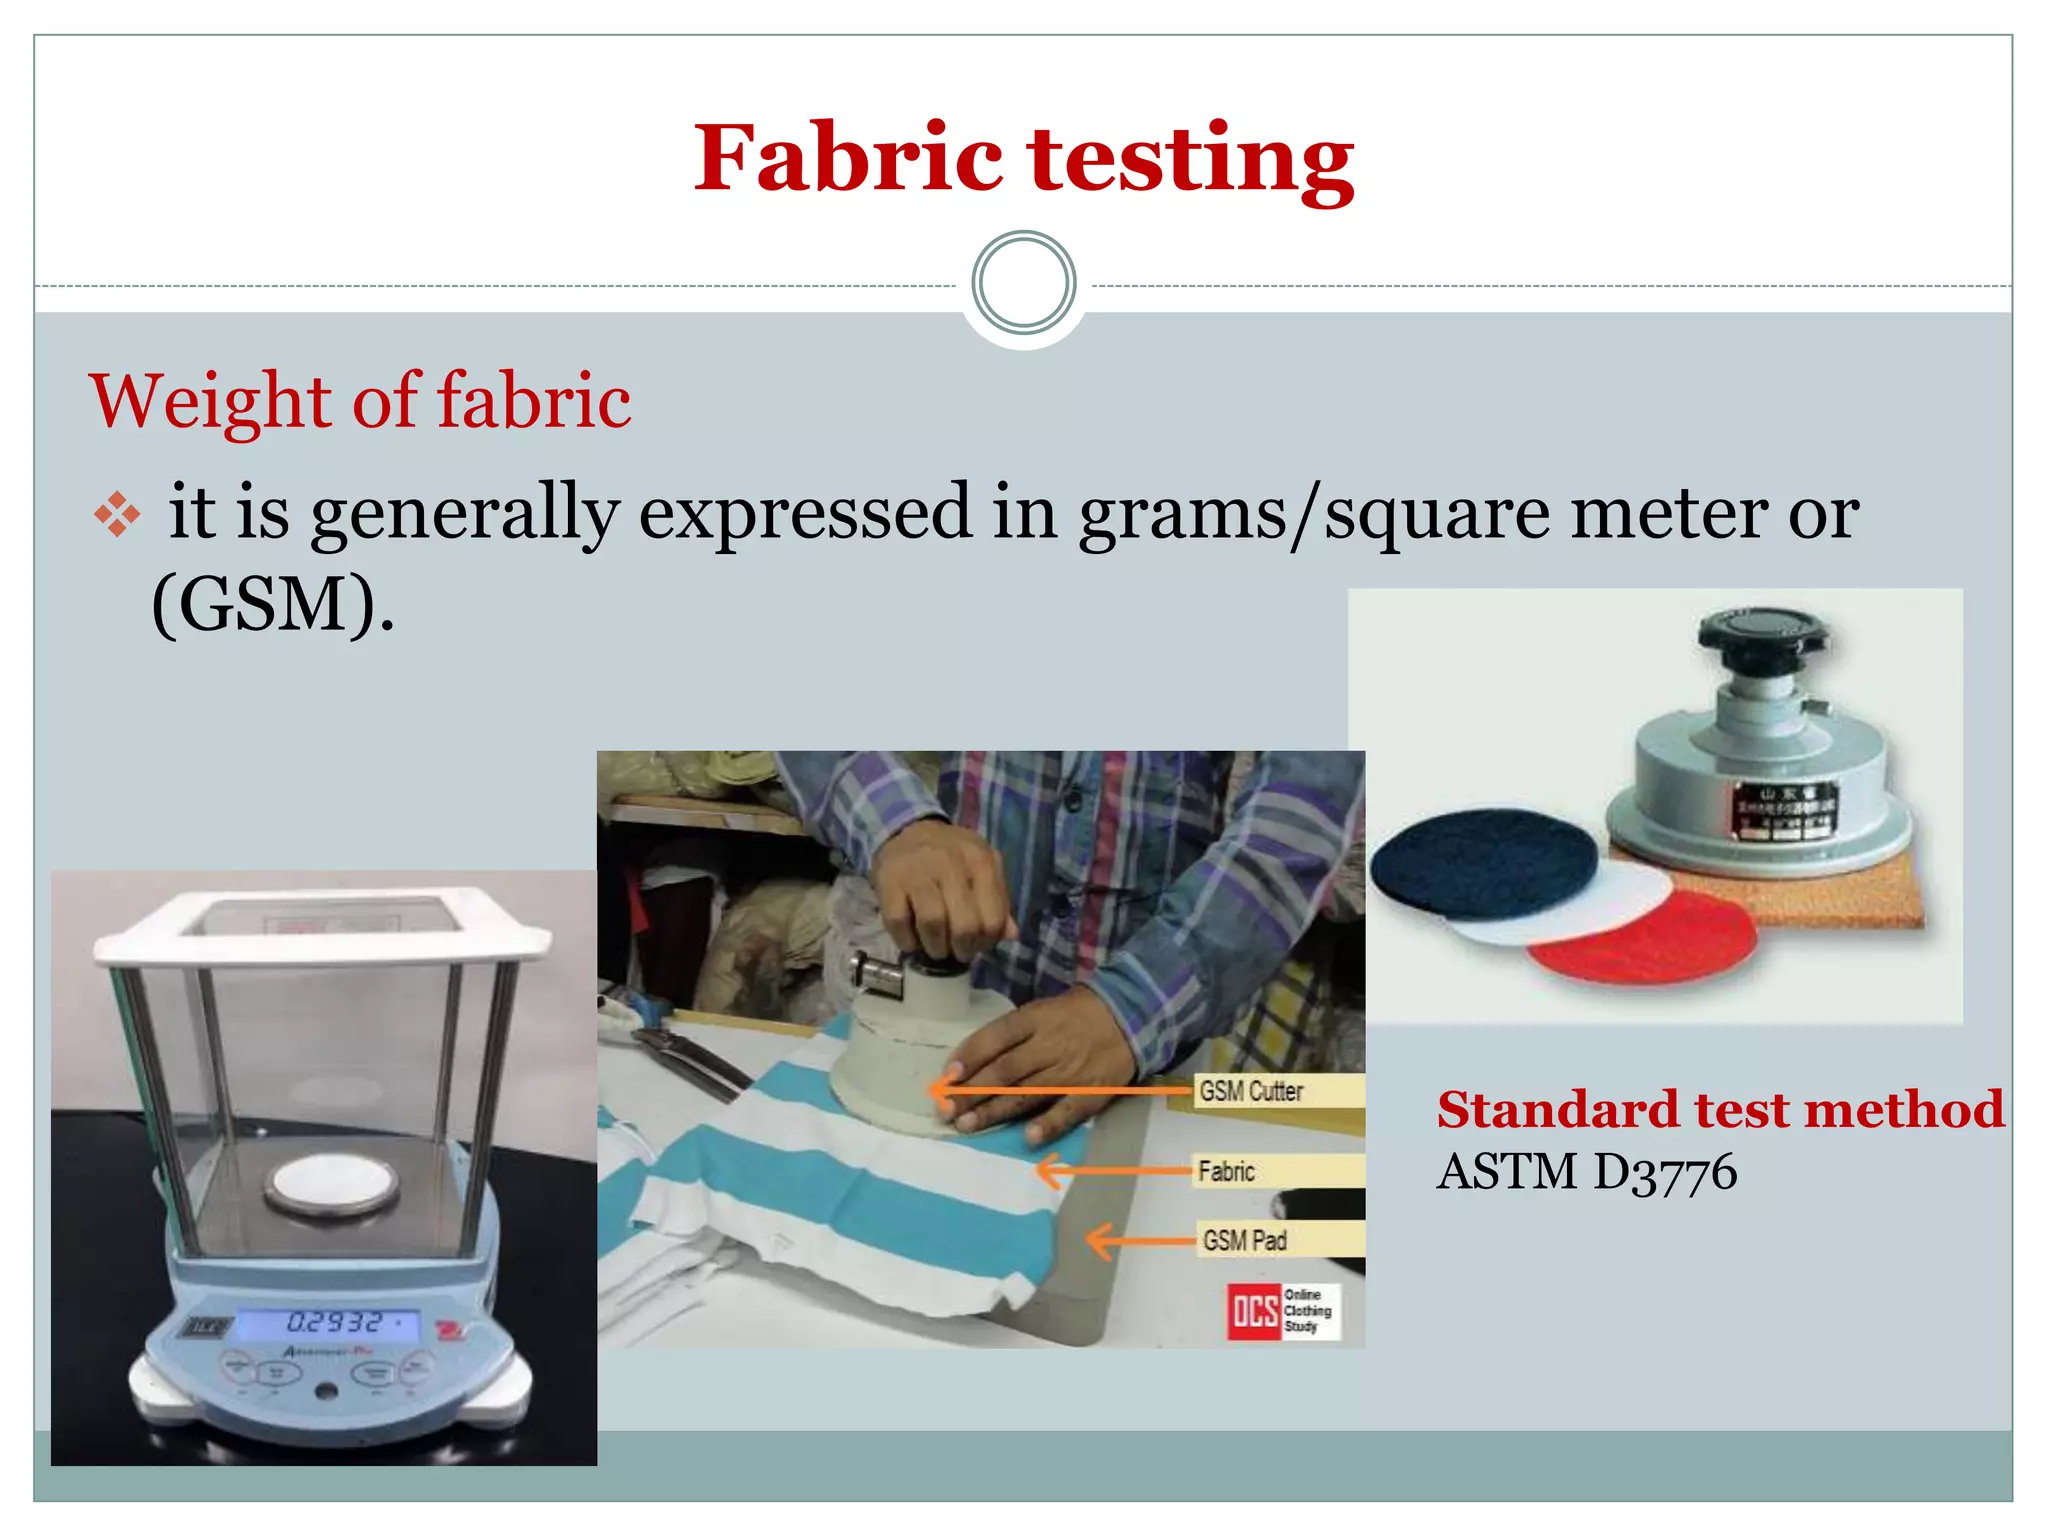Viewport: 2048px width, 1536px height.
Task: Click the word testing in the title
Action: [1191, 160]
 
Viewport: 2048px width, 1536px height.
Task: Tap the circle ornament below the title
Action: [1023, 283]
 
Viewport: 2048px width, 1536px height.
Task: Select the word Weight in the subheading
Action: [211, 401]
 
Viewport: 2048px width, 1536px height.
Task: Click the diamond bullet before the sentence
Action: [117, 514]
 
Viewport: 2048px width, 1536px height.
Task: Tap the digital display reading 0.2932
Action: [335, 1322]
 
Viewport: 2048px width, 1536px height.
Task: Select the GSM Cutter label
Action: [1251, 1091]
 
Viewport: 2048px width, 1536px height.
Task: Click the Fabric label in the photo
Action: [1226, 1171]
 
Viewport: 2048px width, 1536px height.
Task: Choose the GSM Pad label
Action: [1245, 1241]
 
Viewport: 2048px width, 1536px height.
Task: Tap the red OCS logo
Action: [1254, 1311]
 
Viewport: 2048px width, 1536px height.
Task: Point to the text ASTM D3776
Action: [1587, 1172]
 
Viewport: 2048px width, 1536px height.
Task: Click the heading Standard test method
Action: [1720, 1110]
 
